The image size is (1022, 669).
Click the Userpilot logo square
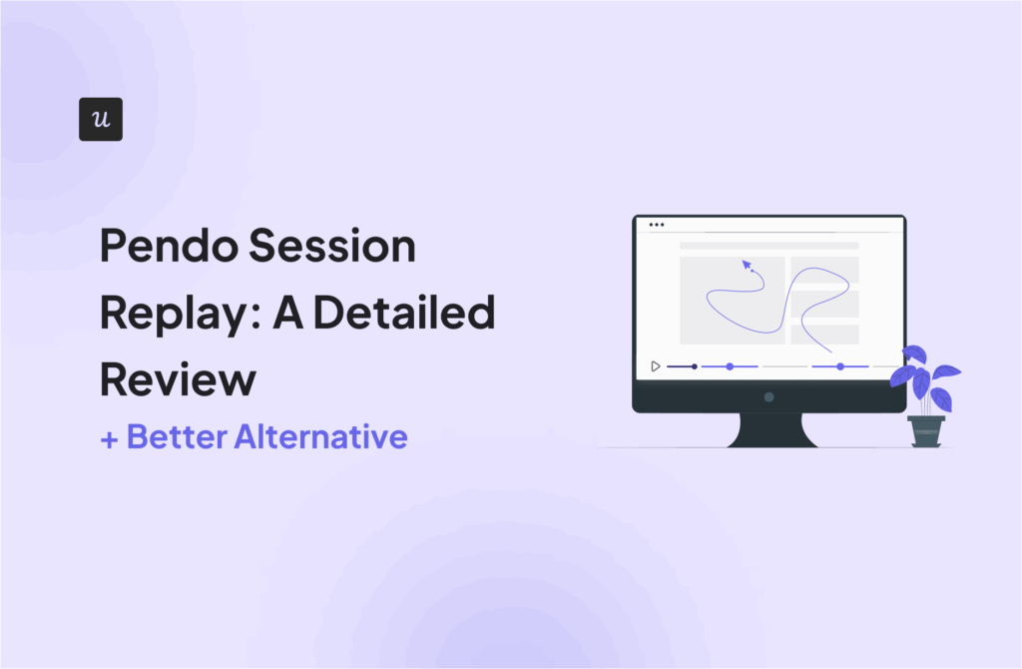click(x=100, y=119)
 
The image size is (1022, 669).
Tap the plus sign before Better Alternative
click(x=109, y=438)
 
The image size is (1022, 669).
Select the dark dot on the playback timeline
click(x=695, y=366)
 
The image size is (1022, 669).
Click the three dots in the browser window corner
click(x=656, y=225)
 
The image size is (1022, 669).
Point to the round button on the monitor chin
click(x=768, y=396)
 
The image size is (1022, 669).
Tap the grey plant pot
click(x=925, y=431)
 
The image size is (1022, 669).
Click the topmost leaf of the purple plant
click(x=915, y=353)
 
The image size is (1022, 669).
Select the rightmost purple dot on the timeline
click(x=839, y=366)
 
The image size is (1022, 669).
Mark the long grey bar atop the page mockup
click(x=768, y=245)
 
